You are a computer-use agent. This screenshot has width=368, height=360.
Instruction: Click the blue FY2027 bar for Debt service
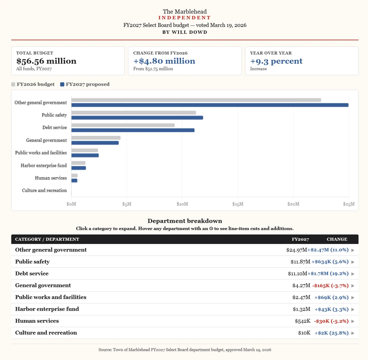[x=133, y=130]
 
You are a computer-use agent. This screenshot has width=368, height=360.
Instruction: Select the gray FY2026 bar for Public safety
[x=133, y=113]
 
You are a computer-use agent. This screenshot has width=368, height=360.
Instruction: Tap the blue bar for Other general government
[x=210, y=105]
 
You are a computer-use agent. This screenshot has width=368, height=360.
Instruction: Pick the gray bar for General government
[x=96, y=138]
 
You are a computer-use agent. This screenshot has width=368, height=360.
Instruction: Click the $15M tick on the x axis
[x=238, y=204]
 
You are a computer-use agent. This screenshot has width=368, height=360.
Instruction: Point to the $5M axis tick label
[x=126, y=204]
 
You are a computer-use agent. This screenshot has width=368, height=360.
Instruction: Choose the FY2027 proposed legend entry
[x=85, y=84]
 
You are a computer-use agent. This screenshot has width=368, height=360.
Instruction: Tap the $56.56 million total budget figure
[x=46, y=61]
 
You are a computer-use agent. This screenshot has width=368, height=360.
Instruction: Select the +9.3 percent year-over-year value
[x=276, y=61]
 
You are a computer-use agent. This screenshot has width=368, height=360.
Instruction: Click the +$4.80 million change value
[x=164, y=61]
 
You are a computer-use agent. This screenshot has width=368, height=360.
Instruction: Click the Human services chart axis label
[x=51, y=178]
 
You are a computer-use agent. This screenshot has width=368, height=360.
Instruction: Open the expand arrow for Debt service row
[x=353, y=274]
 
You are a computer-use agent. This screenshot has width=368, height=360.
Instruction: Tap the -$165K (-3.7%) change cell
[x=330, y=286]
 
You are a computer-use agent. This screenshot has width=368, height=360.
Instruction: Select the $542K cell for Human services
[x=302, y=321]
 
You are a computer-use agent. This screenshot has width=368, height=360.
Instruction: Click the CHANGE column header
[x=337, y=239]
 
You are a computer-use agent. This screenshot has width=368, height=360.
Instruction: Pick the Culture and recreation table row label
[x=46, y=333]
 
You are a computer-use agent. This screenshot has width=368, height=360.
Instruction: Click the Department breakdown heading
[x=185, y=221]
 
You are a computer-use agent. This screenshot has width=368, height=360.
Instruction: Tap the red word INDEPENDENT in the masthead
[x=184, y=18]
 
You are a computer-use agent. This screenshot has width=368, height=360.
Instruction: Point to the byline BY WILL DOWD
[x=185, y=32]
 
